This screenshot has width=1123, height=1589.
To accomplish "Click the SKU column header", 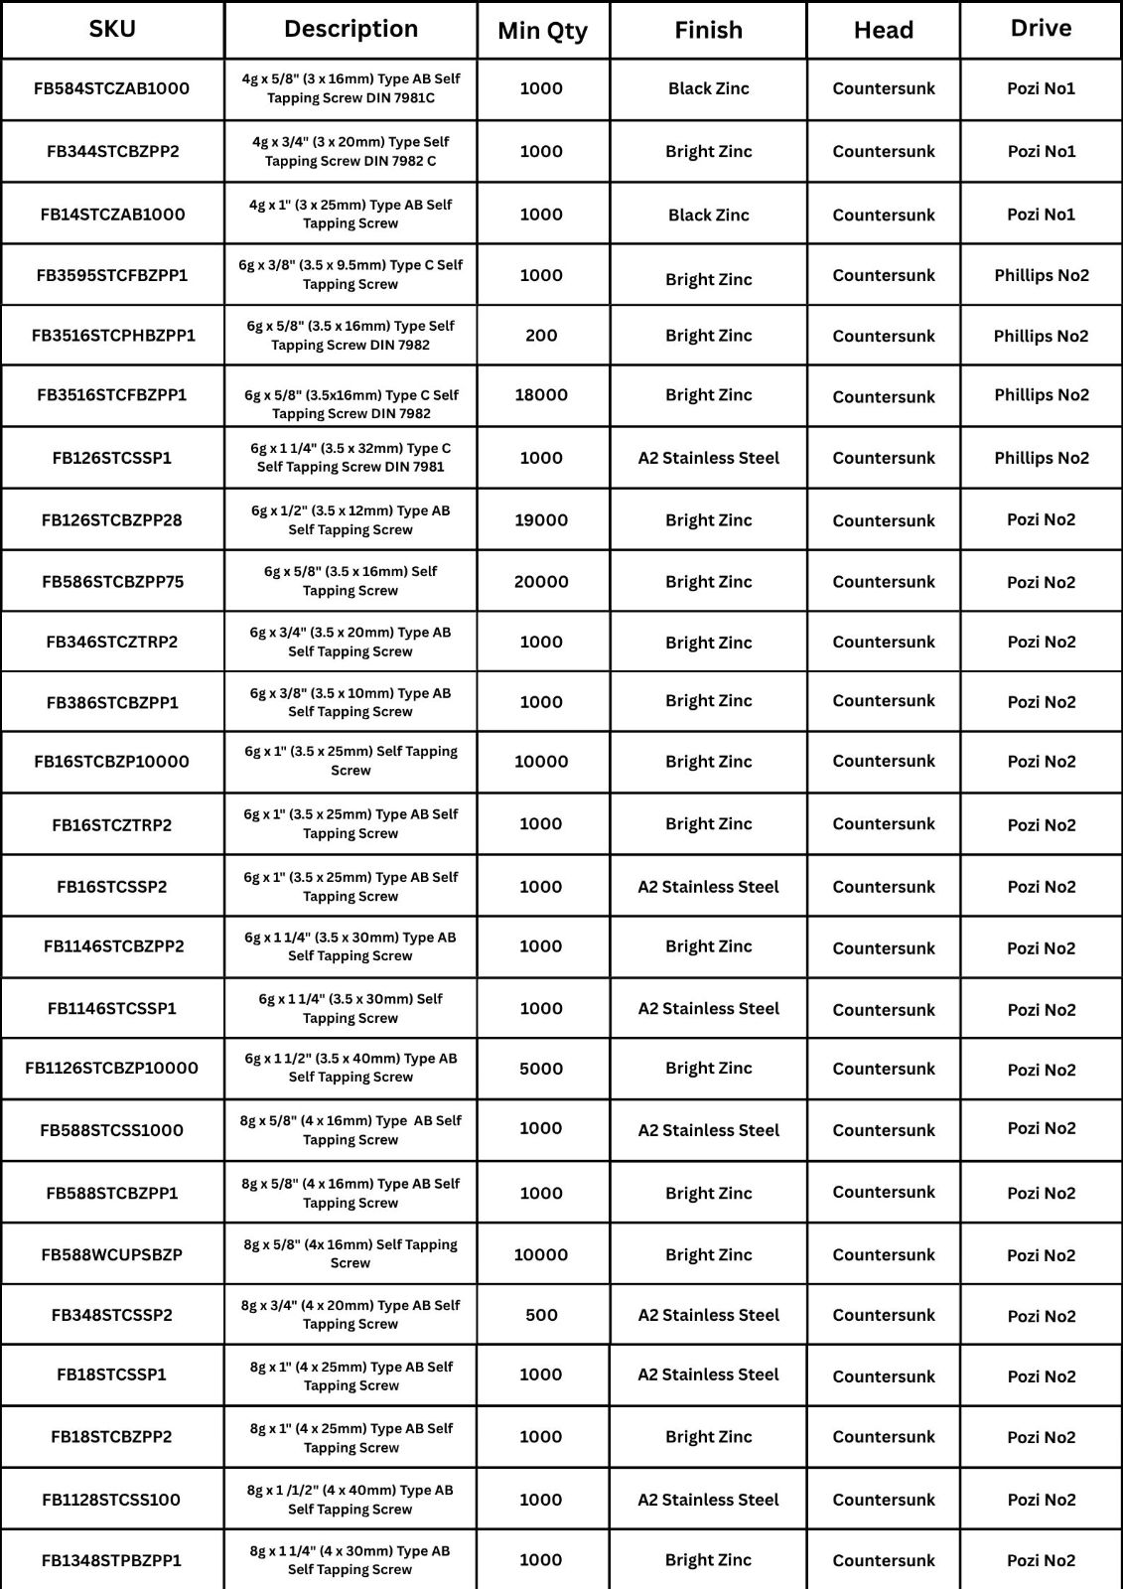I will pyautogui.click(x=112, y=29).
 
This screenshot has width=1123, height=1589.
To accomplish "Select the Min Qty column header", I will pyautogui.click(x=542, y=31).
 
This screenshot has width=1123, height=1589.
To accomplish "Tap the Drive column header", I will pyautogui.click(x=1041, y=29).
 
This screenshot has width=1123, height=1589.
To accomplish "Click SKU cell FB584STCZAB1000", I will pyautogui.click(x=112, y=88).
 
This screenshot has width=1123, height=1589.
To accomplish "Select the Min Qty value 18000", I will pyautogui.click(x=541, y=395).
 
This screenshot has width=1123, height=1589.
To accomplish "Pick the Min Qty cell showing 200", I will pyautogui.click(x=541, y=336).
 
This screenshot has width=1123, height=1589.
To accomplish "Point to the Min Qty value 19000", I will pyautogui.click(x=541, y=520).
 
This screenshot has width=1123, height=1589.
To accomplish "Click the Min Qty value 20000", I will pyautogui.click(x=541, y=582).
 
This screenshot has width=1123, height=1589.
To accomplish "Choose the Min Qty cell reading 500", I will pyautogui.click(x=541, y=1315).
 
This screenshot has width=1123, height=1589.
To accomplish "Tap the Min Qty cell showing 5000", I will pyautogui.click(x=541, y=1070).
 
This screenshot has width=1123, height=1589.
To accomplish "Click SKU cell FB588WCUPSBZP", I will pyautogui.click(x=112, y=1254).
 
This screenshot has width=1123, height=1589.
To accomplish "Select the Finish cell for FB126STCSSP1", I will pyautogui.click(x=708, y=458).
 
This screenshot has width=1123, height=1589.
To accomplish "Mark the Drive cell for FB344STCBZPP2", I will pyautogui.click(x=1041, y=152).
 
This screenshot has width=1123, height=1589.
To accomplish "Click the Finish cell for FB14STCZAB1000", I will pyautogui.click(x=708, y=215).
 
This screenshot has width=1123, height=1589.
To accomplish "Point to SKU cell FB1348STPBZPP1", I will pyautogui.click(x=112, y=1560).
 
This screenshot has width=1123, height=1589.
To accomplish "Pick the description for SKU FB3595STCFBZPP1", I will pyautogui.click(x=351, y=275).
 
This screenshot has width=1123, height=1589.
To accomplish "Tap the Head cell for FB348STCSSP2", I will pyautogui.click(x=884, y=1315).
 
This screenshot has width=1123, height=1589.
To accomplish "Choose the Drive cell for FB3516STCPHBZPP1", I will pyautogui.click(x=1041, y=337).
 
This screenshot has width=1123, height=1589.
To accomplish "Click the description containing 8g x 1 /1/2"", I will pyautogui.click(x=351, y=1500).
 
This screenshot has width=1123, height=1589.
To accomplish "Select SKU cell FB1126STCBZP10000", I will pyautogui.click(x=112, y=1069).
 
